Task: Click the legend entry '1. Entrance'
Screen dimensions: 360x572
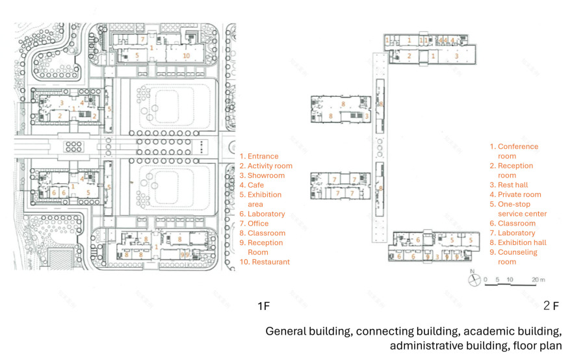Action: coord(259,157)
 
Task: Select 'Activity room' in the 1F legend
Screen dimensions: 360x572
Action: coord(266,166)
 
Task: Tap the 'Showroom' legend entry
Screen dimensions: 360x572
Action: coord(262,175)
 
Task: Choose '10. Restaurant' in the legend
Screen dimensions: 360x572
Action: coord(265,263)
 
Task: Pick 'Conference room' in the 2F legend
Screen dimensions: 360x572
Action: coord(513,151)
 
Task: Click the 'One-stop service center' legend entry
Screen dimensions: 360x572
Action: coord(517,209)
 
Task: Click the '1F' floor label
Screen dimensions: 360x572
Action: coord(264,305)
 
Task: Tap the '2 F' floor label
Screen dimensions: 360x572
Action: coord(551,305)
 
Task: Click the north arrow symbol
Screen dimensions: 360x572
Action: coord(474,280)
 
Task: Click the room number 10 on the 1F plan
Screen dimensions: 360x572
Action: coord(186,57)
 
